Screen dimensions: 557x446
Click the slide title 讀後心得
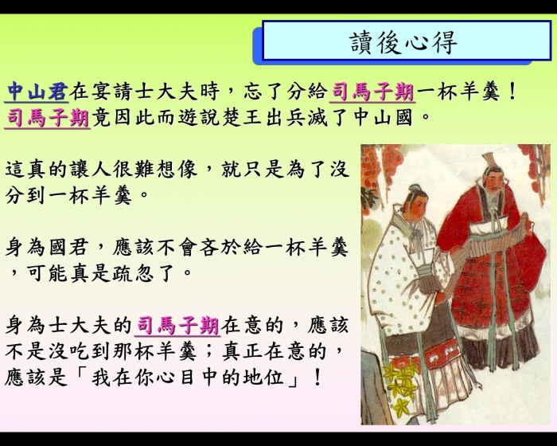point(403,42)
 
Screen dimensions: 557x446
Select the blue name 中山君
point(37,91)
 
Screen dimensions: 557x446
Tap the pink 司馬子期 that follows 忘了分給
point(372,92)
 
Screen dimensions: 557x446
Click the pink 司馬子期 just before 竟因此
point(48,118)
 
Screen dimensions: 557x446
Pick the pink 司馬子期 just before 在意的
point(177,326)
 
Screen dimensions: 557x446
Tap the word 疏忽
point(133,273)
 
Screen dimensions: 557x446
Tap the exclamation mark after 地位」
point(317,378)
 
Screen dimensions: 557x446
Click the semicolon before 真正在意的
point(208,352)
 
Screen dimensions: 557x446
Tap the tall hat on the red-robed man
point(489,160)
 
